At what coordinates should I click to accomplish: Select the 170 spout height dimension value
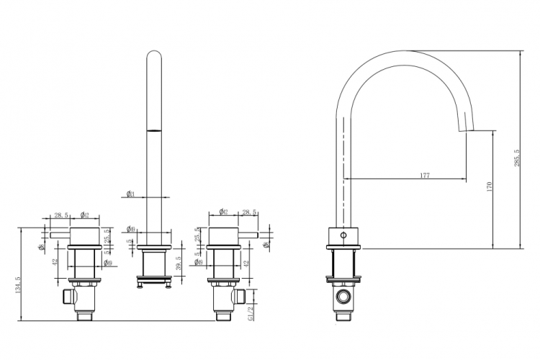490,186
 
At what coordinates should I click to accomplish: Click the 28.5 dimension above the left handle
61,215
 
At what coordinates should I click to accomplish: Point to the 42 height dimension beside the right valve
247,264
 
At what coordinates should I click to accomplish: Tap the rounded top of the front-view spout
153,56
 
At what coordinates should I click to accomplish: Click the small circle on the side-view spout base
343,235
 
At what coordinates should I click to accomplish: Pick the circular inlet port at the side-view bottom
343,297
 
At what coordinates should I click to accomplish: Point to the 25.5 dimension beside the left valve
107,235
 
